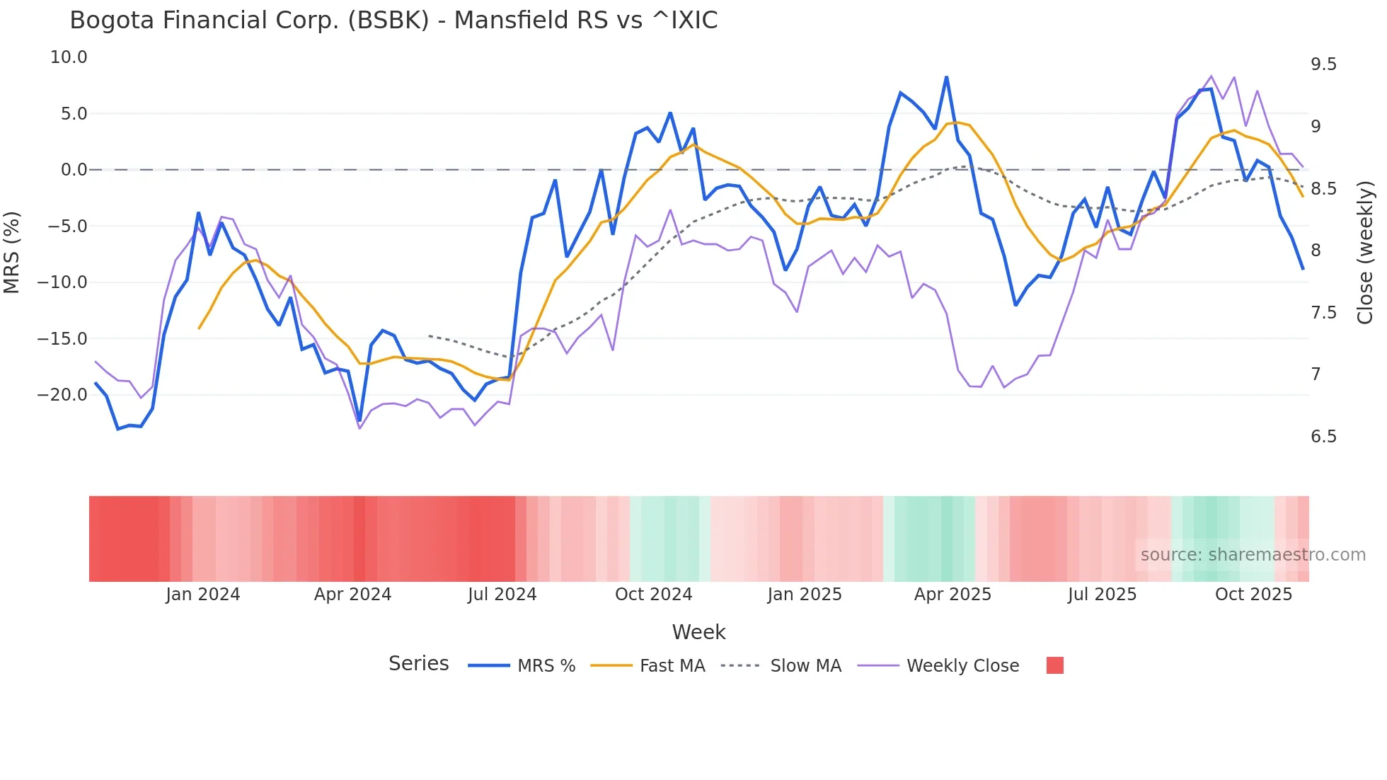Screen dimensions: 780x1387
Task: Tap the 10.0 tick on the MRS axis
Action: click(x=69, y=57)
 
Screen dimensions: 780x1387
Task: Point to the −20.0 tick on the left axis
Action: click(x=62, y=395)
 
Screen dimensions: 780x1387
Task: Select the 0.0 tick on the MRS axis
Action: click(x=74, y=170)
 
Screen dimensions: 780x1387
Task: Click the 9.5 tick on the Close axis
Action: click(x=1323, y=64)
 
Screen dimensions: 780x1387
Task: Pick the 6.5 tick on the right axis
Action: click(x=1323, y=437)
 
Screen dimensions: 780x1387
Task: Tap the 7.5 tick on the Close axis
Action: click(x=1323, y=313)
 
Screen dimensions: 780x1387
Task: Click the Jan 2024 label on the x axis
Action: click(x=203, y=595)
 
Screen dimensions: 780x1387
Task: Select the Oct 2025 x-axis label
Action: click(x=1253, y=595)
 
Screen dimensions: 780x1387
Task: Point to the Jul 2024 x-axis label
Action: click(x=502, y=595)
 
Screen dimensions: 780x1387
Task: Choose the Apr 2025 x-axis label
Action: click(x=953, y=595)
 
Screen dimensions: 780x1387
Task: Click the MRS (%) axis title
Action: click(x=12, y=252)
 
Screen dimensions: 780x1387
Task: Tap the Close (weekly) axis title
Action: click(x=1365, y=252)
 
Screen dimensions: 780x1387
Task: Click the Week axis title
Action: click(x=698, y=632)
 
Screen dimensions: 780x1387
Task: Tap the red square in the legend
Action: click(x=1054, y=665)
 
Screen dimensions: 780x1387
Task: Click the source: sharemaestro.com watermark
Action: click(x=1253, y=555)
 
